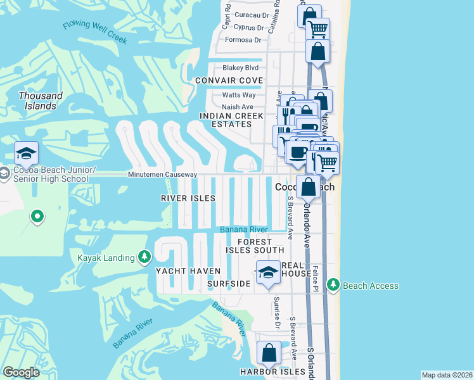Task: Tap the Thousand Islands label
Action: (x=41, y=101)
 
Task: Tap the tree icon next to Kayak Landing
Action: (x=145, y=257)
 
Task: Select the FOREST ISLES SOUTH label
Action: (x=255, y=246)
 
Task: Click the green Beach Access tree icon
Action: (x=333, y=286)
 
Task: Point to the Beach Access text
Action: (x=371, y=286)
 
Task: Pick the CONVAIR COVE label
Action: (x=229, y=80)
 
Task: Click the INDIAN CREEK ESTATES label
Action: (x=226, y=120)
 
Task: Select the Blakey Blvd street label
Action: (x=240, y=68)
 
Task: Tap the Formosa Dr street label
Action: (x=243, y=40)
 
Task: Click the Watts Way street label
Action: (x=238, y=95)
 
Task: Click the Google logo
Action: (x=22, y=372)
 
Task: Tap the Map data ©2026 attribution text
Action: (x=446, y=375)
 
